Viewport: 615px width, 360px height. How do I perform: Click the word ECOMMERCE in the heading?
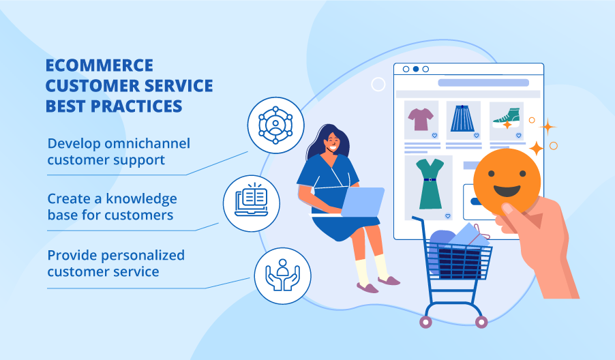99,66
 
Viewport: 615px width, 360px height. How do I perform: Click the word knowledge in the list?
142,199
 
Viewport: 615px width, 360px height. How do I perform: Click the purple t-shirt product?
421,119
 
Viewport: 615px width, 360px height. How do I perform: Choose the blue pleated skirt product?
464,119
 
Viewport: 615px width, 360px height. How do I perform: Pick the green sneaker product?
506,118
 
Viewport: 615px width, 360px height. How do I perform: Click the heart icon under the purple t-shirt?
434,136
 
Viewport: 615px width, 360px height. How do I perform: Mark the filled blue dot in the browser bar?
416,69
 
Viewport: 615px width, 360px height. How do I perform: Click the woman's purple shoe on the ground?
367,287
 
